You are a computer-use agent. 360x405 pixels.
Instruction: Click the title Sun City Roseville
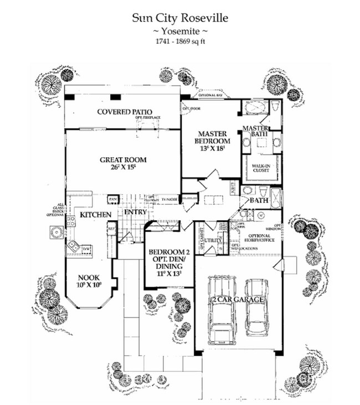coord(179,18)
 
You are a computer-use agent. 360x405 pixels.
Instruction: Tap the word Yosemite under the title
coord(179,32)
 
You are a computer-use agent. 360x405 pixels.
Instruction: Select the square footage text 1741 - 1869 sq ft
coord(179,41)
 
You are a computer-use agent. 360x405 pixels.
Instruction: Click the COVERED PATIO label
coord(125,112)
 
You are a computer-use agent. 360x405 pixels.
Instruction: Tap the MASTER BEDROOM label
coord(210,141)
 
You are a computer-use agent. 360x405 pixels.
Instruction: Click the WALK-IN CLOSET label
coord(261,168)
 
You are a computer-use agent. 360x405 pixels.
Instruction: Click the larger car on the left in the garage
coord(221,313)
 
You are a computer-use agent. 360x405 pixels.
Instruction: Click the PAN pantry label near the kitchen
coord(113,198)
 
